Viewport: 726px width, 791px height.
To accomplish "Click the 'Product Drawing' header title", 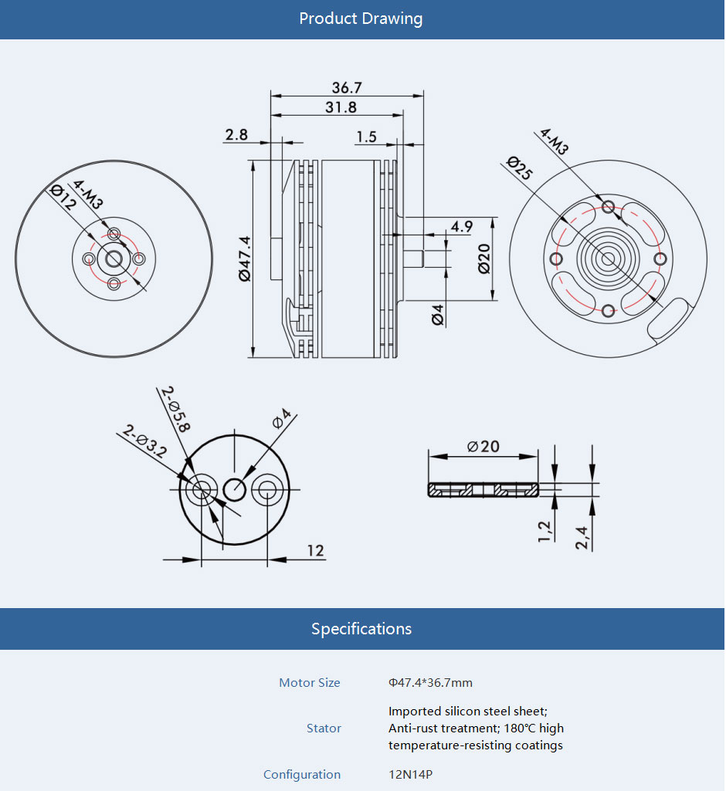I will point(361,19).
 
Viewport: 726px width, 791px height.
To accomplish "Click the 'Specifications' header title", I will point(361,629).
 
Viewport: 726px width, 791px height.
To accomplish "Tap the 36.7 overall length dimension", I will point(347,88).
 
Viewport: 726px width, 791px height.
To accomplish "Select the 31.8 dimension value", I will point(341,107).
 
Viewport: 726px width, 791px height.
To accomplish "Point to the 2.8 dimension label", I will point(236,135).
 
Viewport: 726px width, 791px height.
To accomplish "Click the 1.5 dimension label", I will point(366,137).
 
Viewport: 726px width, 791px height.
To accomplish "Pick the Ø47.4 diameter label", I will point(245,258).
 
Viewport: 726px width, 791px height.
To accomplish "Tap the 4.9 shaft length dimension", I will point(462,226).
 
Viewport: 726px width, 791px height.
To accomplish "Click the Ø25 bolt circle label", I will point(520,169).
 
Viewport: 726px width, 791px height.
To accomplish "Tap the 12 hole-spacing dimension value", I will point(315,551).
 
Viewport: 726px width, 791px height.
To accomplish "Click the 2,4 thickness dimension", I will point(582,537).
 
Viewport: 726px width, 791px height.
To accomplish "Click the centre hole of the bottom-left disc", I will point(235,488).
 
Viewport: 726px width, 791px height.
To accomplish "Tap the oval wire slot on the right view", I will point(670,319).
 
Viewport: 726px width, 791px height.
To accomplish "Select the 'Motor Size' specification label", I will point(309,683).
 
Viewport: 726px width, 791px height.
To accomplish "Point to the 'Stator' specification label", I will point(324,728).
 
